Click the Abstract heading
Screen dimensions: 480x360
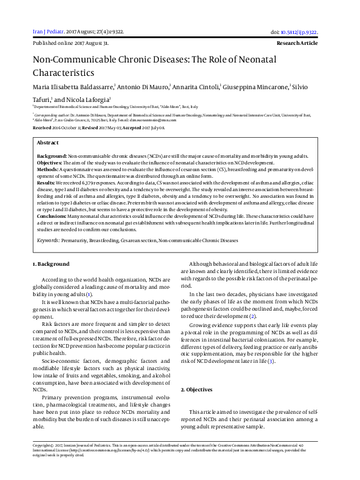tap(48, 141)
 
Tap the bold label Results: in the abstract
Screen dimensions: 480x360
tap(47, 181)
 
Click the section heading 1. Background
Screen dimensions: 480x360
tap(51, 265)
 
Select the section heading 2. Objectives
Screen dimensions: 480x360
tap(195, 389)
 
